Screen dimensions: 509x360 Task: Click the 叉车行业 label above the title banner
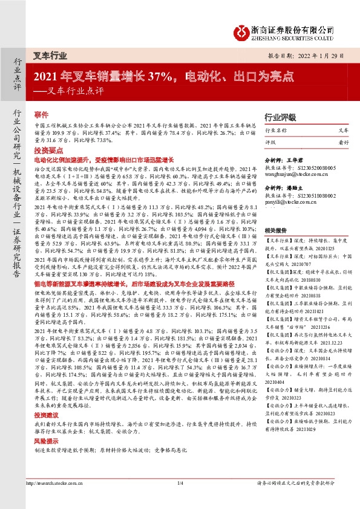[50, 55]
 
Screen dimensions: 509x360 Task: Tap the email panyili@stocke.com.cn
[286, 203]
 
